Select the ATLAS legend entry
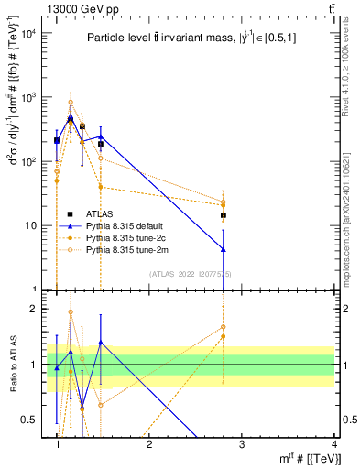click(113, 213)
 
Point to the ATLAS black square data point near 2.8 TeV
click(224, 215)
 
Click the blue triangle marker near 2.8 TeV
click(224, 249)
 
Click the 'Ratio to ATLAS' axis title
click(11, 364)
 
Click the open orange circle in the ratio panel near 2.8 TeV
click(224, 326)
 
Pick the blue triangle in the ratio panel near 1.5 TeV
click(101, 343)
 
